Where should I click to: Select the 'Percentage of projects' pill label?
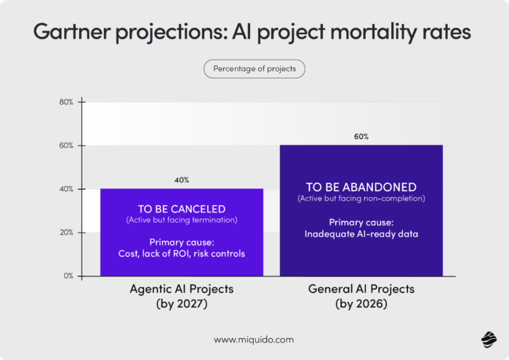(254, 69)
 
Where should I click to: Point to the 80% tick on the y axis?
(66, 102)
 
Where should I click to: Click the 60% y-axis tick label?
(66, 145)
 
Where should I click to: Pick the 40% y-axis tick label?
(66, 189)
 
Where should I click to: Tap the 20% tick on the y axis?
(66, 233)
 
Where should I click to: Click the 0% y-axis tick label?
(68, 276)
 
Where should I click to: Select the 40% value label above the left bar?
(182, 180)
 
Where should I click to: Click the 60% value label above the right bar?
(361, 136)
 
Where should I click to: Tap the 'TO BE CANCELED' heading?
(182, 208)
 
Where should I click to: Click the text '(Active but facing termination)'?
(182, 220)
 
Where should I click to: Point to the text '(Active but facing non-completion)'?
(361, 198)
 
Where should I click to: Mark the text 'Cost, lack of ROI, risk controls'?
(182, 254)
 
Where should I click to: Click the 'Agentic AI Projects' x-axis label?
(182, 289)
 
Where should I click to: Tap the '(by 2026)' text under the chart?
(361, 304)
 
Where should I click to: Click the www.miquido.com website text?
(254, 339)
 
